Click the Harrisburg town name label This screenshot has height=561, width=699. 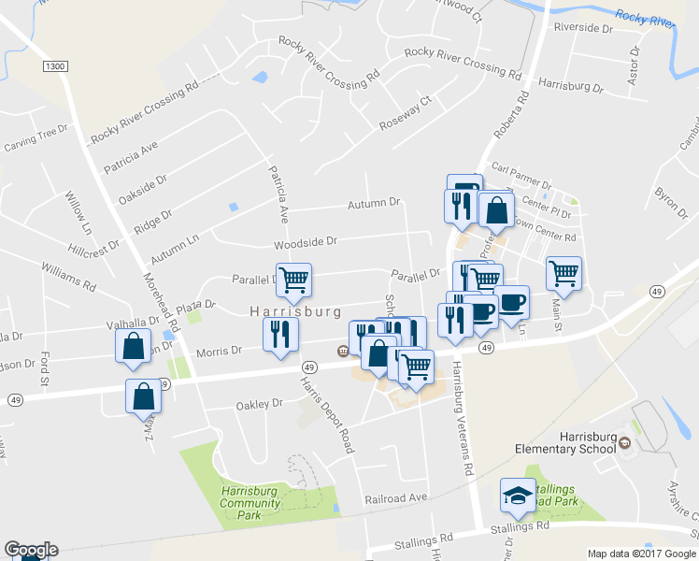[294, 311]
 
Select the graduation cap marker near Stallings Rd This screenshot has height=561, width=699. [517, 496]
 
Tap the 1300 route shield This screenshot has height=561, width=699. [56, 65]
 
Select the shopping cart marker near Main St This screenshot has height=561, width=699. [563, 273]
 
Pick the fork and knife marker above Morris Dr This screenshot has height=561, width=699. [280, 334]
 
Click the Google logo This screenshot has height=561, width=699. [31, 550]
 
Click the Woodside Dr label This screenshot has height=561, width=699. [305, 242]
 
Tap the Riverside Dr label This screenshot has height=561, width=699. [582, 28]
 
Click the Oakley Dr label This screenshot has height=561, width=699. [259, 404]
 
